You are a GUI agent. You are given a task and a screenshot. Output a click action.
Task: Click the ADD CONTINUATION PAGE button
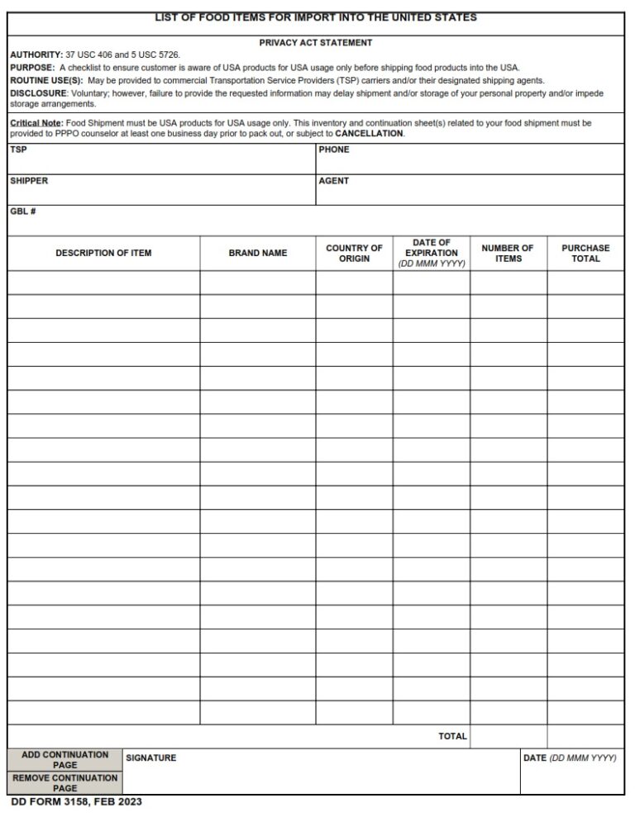64,759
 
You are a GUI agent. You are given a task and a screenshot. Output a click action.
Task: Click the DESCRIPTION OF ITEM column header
103,253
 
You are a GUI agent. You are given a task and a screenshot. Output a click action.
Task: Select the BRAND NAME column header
258,253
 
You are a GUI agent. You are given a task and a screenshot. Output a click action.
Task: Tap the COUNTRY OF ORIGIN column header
354,253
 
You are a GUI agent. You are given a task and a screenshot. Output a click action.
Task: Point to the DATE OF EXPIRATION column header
431,253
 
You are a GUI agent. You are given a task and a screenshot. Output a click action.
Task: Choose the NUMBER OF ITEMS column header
508,253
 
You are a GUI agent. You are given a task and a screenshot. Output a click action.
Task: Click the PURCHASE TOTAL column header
585,253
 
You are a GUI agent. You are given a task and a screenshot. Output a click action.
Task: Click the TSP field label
18,150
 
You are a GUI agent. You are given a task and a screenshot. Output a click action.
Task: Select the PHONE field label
334,150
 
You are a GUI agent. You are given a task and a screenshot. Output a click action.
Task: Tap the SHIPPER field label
29,181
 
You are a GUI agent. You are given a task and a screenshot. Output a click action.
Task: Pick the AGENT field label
334,181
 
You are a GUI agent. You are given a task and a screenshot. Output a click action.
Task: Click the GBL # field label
23,211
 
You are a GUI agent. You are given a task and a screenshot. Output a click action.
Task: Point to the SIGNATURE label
150,758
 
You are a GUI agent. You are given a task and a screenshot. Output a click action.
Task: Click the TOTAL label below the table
452,736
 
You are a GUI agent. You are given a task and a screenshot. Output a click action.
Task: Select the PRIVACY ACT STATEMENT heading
316,42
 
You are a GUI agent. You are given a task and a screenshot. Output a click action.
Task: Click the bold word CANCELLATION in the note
369,134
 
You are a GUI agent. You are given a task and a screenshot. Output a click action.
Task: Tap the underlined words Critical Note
36,123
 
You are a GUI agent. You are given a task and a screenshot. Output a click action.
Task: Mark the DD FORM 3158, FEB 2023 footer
76,802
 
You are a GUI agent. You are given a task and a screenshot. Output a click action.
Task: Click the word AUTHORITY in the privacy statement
36,55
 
